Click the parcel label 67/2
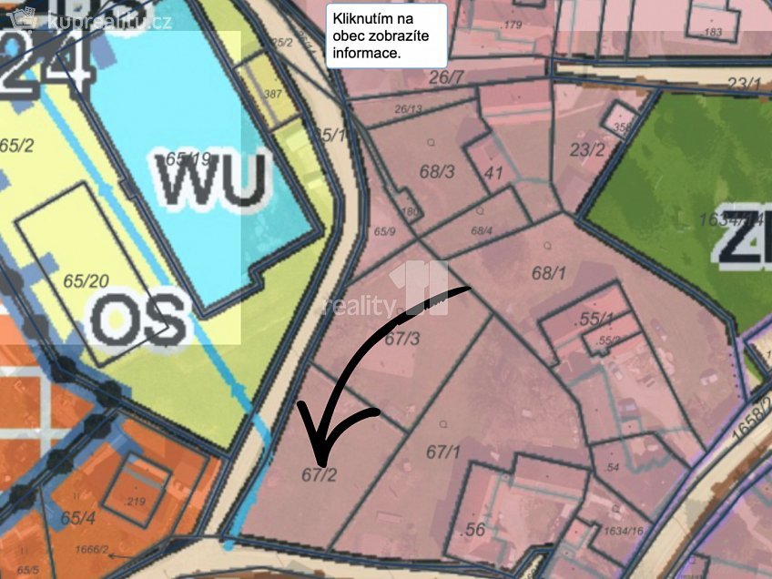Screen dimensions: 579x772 click(x=320, y=473)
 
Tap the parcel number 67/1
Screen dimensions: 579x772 click(x=443, y=452)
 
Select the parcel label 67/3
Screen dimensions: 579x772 click(x=402, y=340)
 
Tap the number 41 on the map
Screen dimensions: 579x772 click(x=494, y=171)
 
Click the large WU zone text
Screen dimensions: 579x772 click(x=215, y=178)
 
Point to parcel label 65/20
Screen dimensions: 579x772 click(x=81, y=281)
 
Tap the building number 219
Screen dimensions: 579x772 click(x=137, y=501)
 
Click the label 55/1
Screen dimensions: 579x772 click(x=595, y=320)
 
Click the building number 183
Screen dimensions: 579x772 click(x=713, y=32)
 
